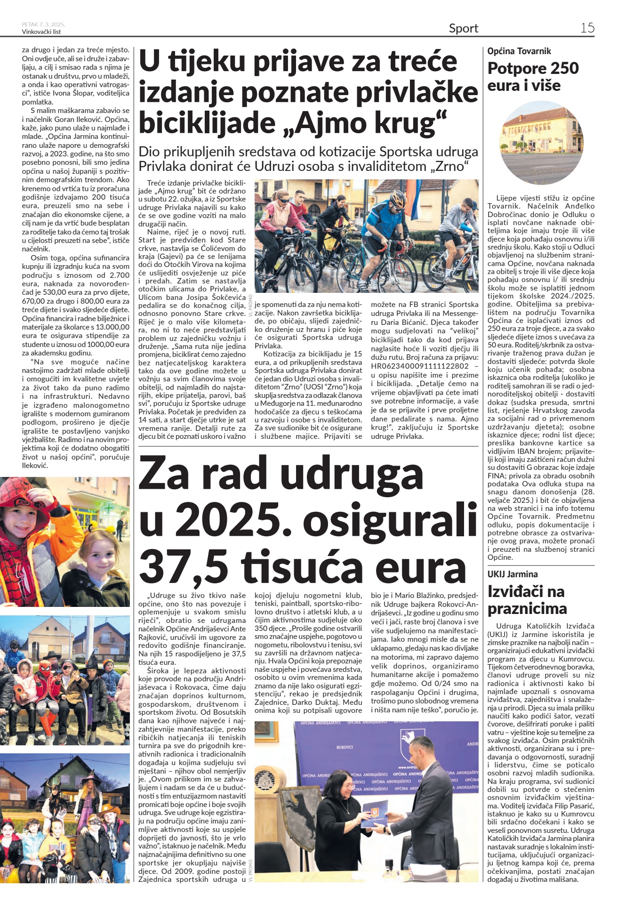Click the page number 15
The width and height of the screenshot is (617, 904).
pyautogui.click(x=587, y=28)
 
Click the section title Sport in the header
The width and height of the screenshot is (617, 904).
pyautogui.click(x=463, y=29)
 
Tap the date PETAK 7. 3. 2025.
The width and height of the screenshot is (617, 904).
pyautogui.click(x=43, y=24)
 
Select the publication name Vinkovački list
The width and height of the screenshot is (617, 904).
pyautogui.click(x=41, y=32)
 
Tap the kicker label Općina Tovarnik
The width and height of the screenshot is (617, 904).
pyautogui.click(x=519, y=51)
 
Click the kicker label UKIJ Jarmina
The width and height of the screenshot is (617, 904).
pyautogui.click(x=513, y=574)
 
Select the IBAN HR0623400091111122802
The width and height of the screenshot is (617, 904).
pyautogui.click(x=420, y=366)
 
